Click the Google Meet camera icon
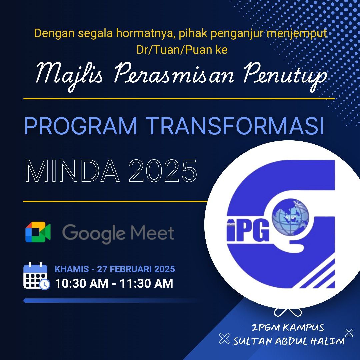pos(38,232)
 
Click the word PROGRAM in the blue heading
pos(81,126)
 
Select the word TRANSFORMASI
pos(236,126)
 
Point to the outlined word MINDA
pos(72,171)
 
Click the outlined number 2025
pos(163,171)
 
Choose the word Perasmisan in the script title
pos(174,73)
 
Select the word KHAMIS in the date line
pos(72,269)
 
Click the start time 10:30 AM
pos(82,283)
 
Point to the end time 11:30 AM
pos(146,283)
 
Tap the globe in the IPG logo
pos(290,217)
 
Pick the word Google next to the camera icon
pos(94,233)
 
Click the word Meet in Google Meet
pos(152,233)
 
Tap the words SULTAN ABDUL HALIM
pos(289,341)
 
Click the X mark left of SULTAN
pos(224,338)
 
